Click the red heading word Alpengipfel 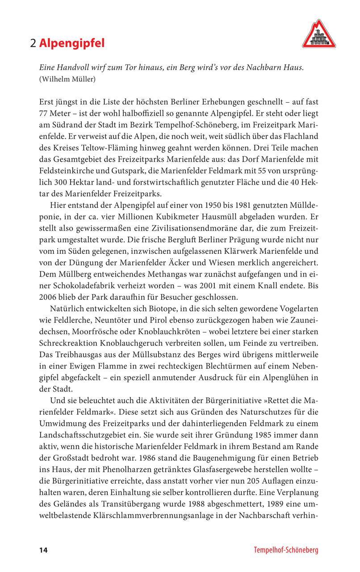click(x=71, y=43)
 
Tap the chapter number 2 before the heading click(x=33, y=43)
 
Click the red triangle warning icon click(x=318, y=34)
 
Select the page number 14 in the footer click(x=43, y=550)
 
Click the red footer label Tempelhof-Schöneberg click(x=286, y=550)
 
